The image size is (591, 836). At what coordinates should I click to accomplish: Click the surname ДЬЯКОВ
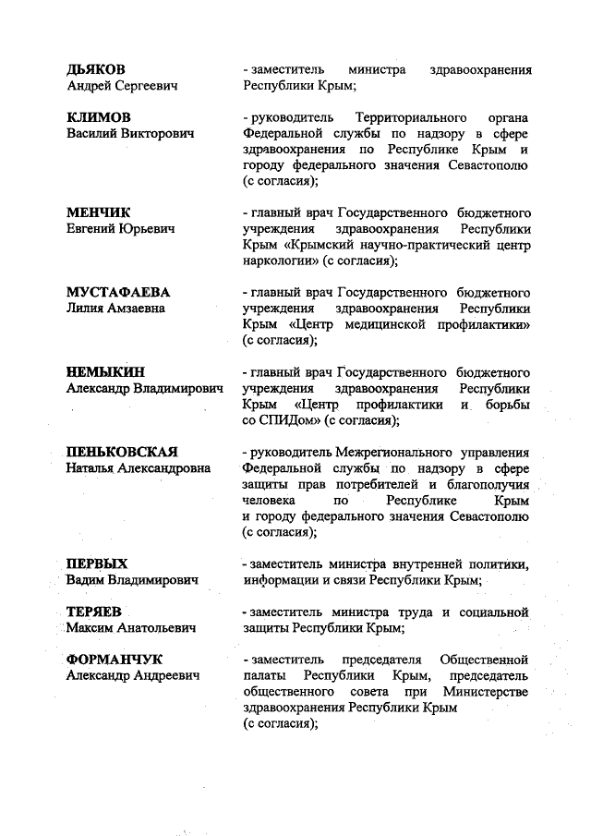(96, 69)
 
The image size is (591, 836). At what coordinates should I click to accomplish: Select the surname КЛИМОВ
(98, 118)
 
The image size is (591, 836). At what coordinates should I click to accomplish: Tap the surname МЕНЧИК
(99, 212)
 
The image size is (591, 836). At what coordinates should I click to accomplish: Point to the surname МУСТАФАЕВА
(118, 292)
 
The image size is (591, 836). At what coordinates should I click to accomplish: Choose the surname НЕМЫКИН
(105, 372)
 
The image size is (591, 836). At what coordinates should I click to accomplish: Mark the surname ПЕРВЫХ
(97, 563)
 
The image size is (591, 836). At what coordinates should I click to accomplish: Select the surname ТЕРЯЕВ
(94, 612)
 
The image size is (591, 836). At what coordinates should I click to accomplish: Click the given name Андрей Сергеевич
(122, 86)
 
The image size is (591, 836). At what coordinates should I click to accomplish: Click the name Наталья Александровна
(138, 469)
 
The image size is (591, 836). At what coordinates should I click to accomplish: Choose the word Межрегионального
(393, 453)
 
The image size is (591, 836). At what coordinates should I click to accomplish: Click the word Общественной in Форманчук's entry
(485, 660)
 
